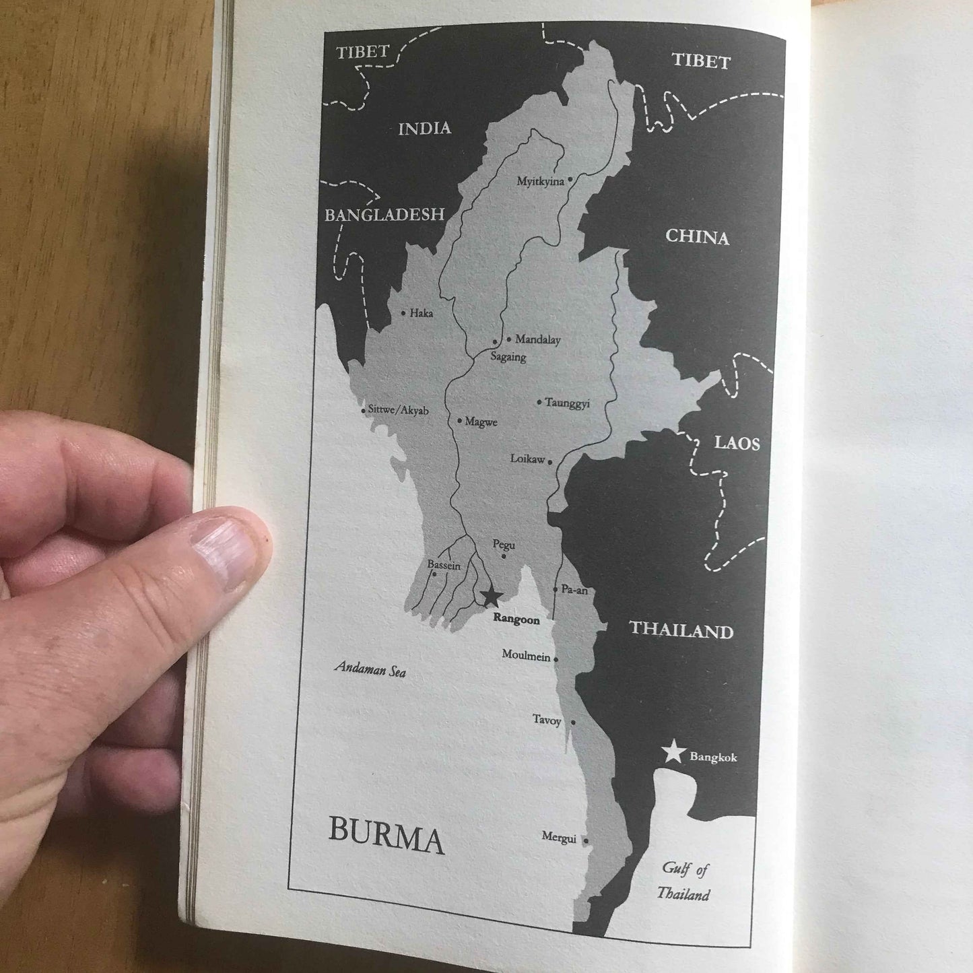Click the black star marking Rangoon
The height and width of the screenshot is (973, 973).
coord(491,596)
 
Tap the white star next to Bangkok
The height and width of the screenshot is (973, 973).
coord(673,752)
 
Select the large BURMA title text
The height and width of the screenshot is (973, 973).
coord(386,838)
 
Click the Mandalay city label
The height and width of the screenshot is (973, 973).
coord(537,340)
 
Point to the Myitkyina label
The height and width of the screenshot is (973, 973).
coord(540,181)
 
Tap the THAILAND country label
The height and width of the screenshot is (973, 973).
coord(681,630)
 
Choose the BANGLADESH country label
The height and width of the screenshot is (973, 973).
coord(384,215)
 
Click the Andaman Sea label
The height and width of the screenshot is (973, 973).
coord(370,669)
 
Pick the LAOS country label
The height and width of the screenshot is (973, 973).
coord(737,443)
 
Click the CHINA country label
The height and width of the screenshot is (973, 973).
coord(697,237)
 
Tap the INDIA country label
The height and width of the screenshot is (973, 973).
coord(424,129)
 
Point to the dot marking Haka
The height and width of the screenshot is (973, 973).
coord(403,313)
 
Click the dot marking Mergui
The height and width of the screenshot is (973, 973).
coord(586,841)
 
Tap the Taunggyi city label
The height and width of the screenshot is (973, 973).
coord(567,403)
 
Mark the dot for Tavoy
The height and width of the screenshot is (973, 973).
coord(573,723)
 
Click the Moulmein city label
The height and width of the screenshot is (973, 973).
coord(526,655)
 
